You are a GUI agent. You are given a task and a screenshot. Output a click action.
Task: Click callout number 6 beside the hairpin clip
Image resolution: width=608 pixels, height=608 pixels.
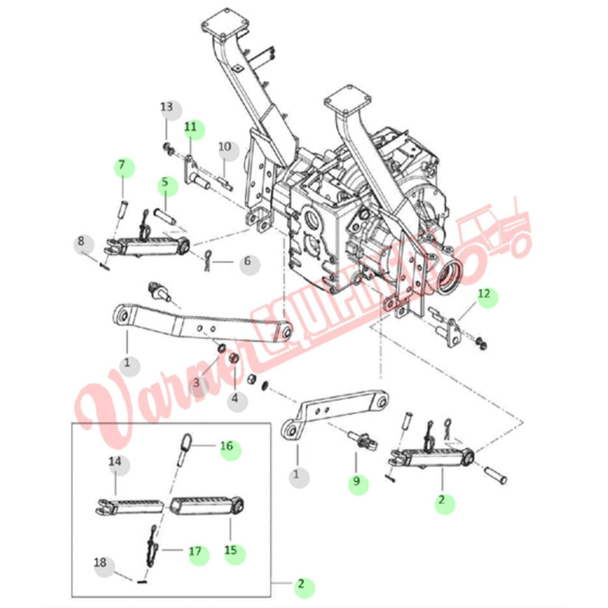click(x=246, y=262)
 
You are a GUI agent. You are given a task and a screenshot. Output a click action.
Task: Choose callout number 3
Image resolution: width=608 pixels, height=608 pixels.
click(x=197, y=382)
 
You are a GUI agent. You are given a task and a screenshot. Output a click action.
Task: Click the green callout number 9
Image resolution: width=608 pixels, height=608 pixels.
click(x=357, y=483)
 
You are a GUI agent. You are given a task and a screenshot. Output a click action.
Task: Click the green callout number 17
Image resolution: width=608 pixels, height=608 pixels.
click(x=196, y=551)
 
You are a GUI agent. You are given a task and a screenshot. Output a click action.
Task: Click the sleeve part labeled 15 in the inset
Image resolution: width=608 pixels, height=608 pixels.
click(x=206, y=506)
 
